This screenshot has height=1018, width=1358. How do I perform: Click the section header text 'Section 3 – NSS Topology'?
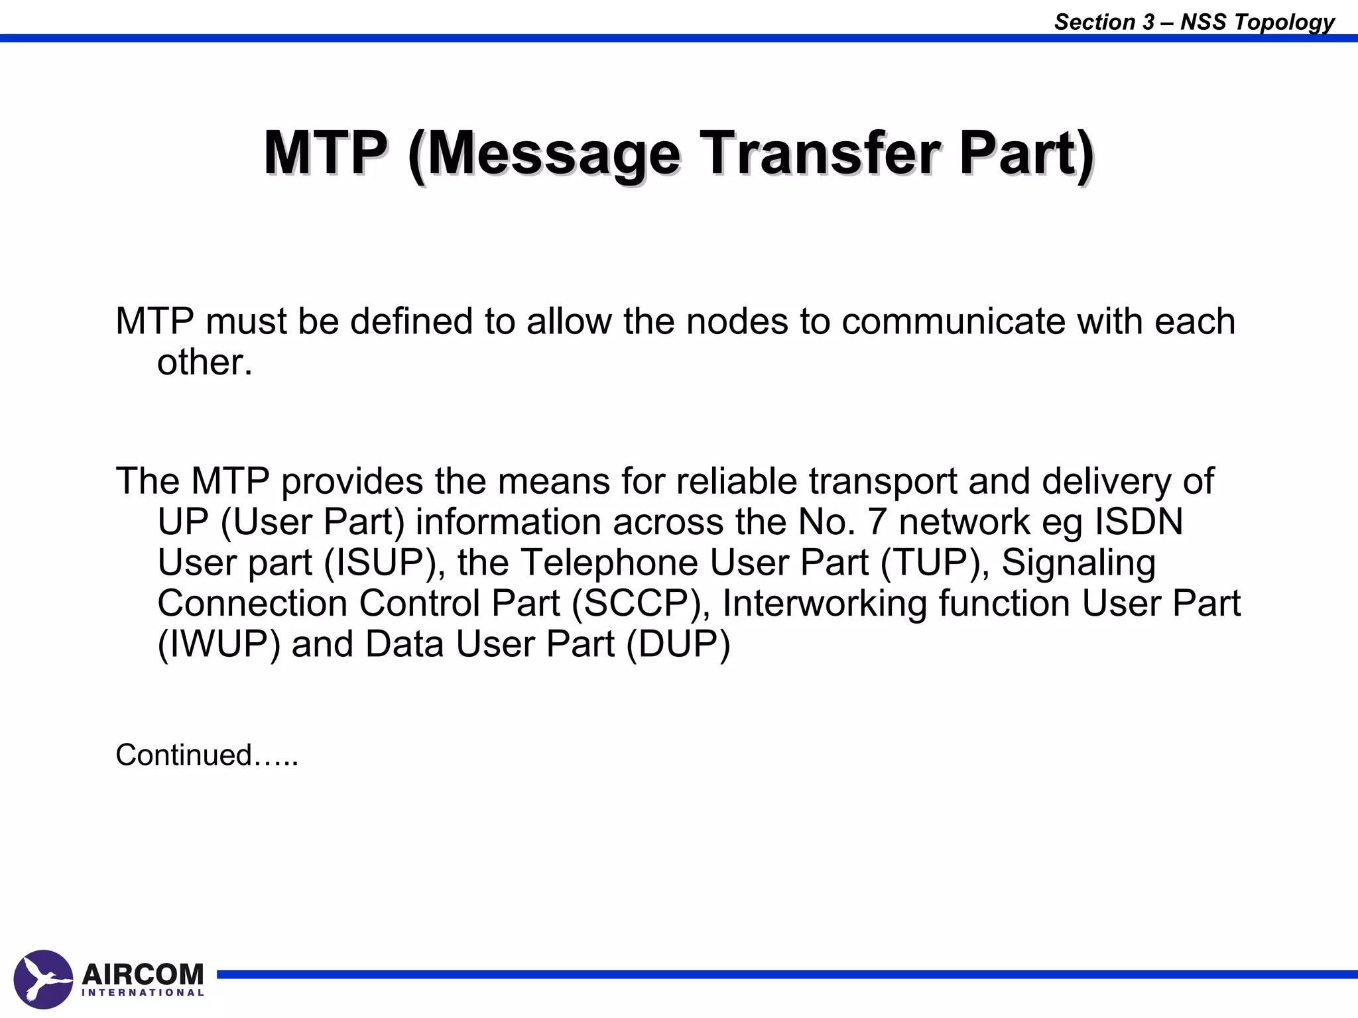click(1194, 21)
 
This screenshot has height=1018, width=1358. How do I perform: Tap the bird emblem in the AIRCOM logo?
click(43, 979)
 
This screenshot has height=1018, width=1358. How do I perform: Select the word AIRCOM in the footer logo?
click(143, 974)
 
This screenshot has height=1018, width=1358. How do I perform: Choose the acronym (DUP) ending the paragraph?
click(678, 644)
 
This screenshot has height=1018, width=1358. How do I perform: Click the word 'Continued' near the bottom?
click(184, 755)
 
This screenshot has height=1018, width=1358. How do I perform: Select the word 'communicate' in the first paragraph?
click(953, 321)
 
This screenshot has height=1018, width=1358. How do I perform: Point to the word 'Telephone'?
click(609, 563)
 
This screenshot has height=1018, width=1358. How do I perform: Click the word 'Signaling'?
click(1078, 563)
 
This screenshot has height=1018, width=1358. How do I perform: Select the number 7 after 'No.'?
click(877, 522)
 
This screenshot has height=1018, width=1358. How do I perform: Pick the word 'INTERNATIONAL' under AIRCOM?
click(143, 993)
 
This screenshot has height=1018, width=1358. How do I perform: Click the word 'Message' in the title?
click(554, 154)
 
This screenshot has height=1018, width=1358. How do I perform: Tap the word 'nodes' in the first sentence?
click(737, 321)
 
